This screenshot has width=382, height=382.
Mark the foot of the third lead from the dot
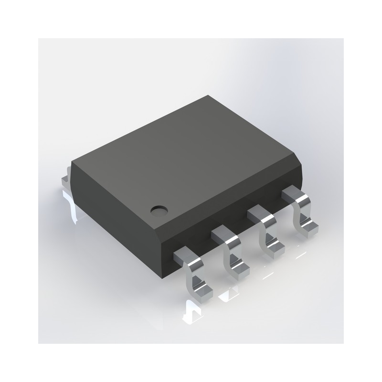(274, 248)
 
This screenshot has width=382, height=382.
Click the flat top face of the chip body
(186, 153)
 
